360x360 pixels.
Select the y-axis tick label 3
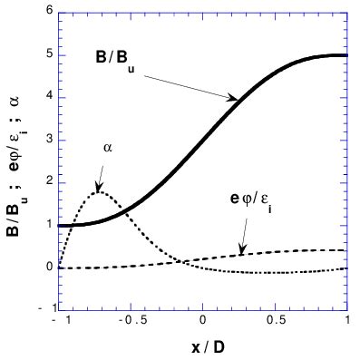point(48,140)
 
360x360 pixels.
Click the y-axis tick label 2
point(48,182)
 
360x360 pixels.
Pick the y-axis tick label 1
point(48,225)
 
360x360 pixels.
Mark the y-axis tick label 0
point(48,268)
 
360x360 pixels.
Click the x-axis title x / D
point(202,346)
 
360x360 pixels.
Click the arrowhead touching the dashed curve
point(241,251)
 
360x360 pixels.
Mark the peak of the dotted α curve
point(101,191)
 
